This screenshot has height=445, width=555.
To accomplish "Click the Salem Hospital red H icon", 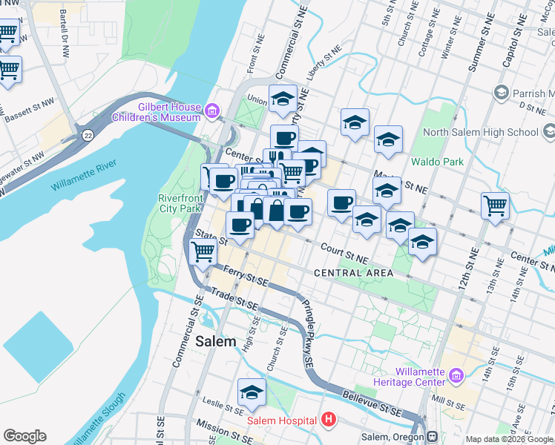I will coord(329,421).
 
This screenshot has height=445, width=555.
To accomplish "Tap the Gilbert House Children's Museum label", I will coord(157,112).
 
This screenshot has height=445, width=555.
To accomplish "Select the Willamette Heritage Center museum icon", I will coord(456,378).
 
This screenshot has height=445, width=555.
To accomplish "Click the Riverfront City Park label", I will coord(180,203).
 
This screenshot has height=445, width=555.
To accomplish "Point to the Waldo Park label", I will coord(438,161).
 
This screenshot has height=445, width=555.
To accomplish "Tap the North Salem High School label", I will coord(480,133).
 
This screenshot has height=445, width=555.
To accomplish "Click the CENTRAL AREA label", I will coord(354,273).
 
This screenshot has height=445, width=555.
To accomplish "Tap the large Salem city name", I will coord(217,343).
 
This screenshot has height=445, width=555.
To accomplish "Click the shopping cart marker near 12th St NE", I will coord(495,205).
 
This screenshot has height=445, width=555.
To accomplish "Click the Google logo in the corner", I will coord(24,436).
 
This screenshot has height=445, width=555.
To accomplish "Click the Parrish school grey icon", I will coord(501,93).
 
